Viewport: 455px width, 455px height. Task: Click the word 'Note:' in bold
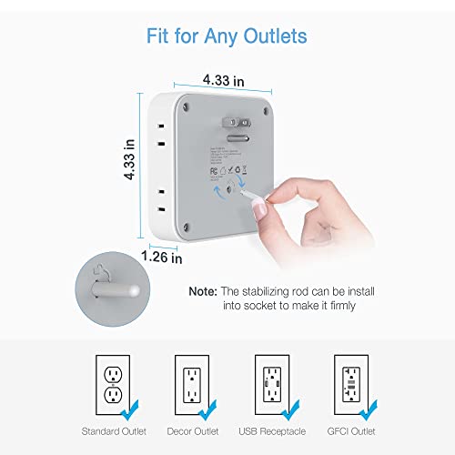(203, 291)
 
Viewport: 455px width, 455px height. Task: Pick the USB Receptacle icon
(272, 383)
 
